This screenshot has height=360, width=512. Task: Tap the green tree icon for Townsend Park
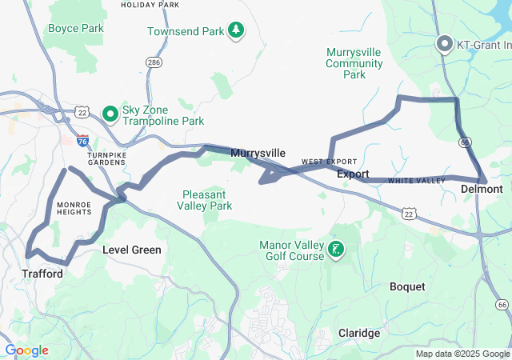235,30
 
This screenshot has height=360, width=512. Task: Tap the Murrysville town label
258,153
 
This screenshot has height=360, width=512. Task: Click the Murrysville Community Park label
354,63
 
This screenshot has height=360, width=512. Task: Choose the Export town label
353,174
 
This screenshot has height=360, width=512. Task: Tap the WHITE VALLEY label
416,181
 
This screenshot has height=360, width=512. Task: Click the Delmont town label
482,189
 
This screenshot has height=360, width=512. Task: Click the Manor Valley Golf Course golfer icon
336,250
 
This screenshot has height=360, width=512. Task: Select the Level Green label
132,250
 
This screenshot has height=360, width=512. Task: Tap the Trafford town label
42,274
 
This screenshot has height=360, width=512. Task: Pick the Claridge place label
359,333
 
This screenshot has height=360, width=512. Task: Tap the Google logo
27,350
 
